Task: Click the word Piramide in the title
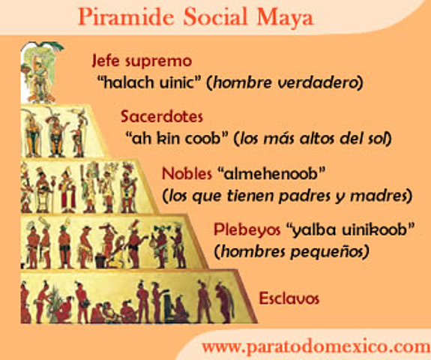123,16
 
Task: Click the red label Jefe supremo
141,61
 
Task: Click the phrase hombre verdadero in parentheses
288,82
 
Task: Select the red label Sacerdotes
161,118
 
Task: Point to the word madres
384,196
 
